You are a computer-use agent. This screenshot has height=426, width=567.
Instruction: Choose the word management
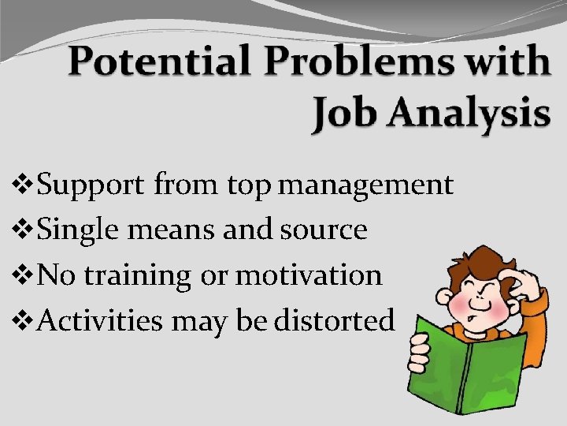(x=365, y=186)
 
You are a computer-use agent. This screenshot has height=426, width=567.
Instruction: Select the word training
(x=137, y=276)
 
